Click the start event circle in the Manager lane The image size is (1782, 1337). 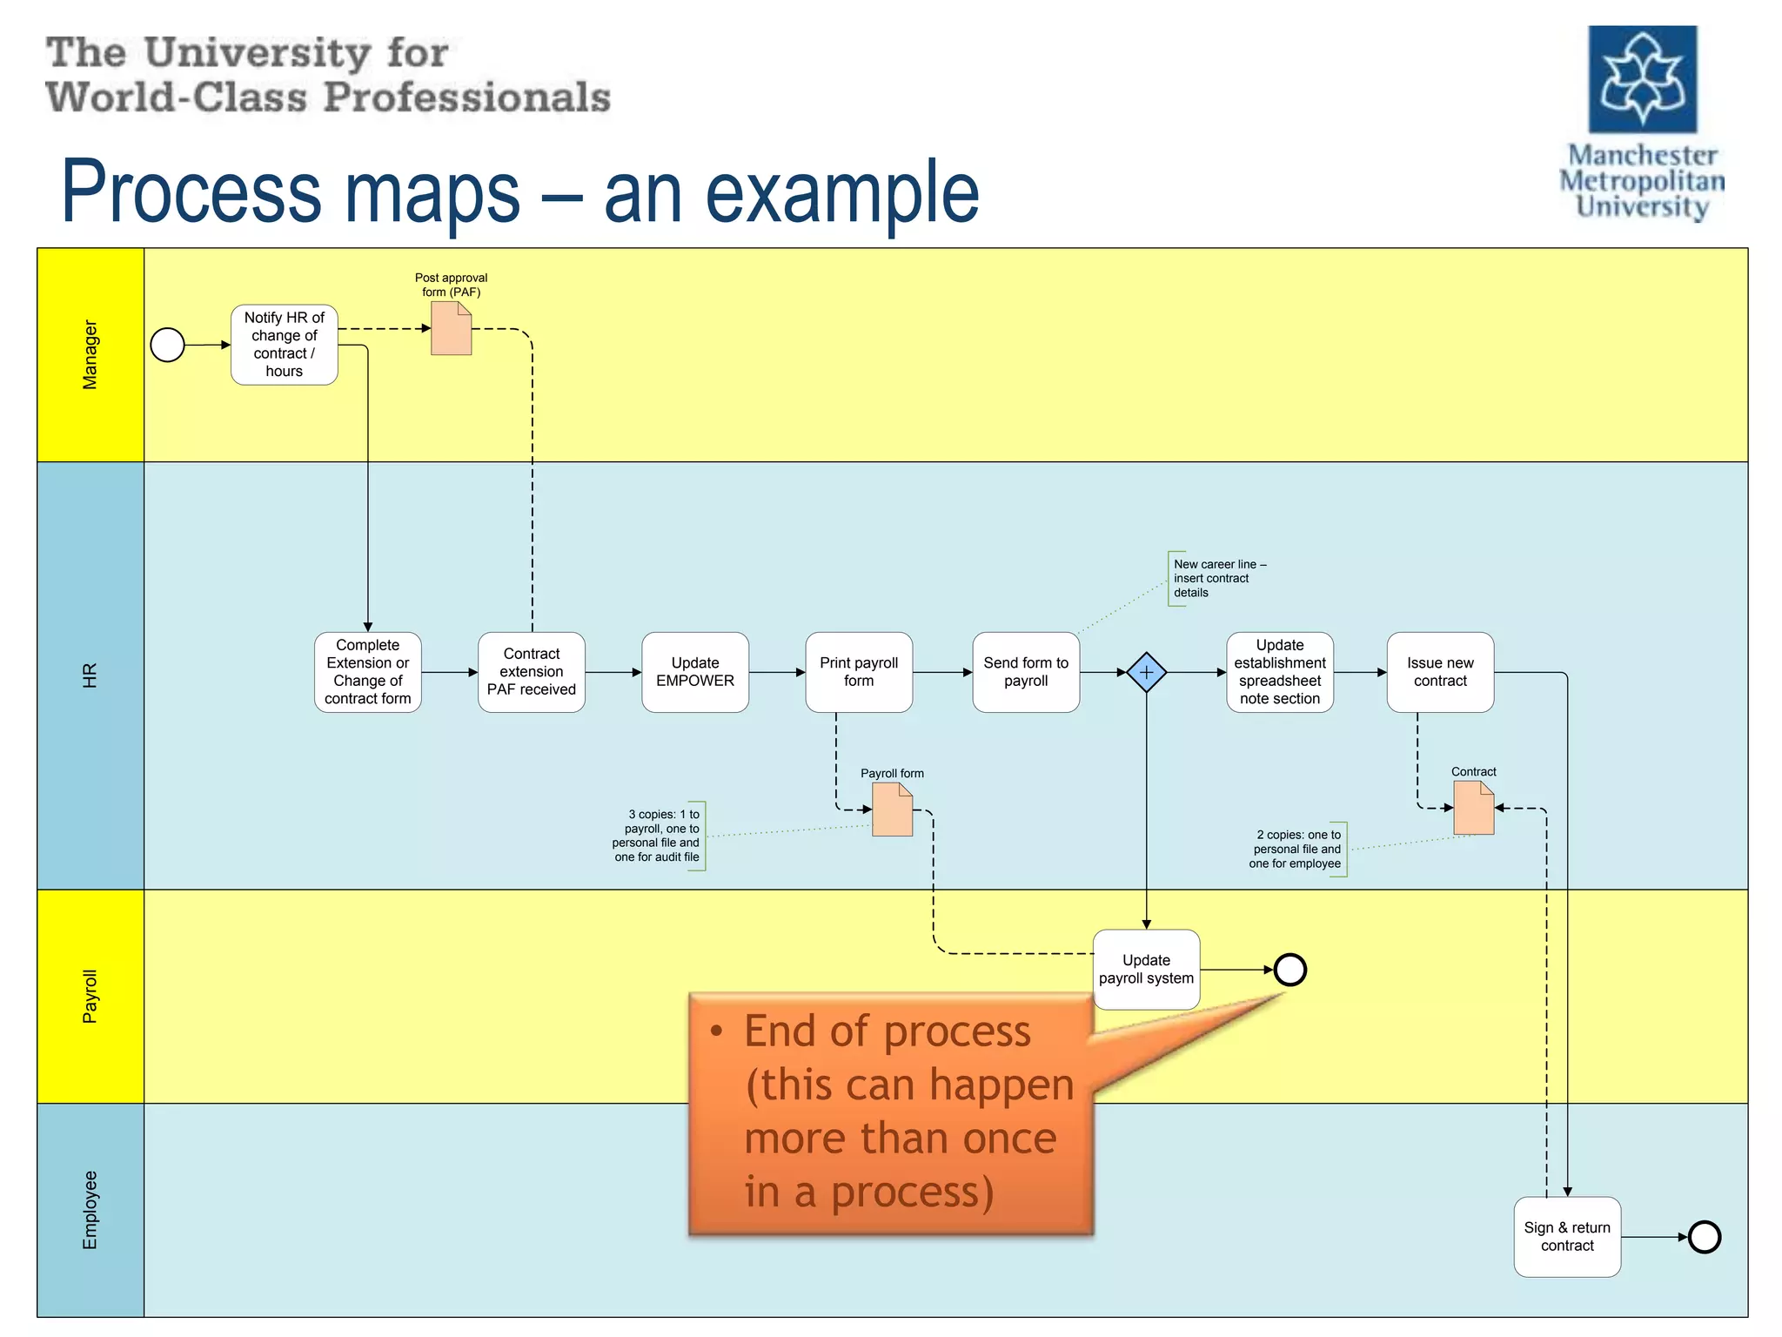pos(167,345)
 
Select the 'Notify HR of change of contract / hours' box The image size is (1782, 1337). pos(284,345)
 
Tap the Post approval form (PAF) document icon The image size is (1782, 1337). pos(451,329)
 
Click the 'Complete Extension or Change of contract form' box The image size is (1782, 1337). pos(367,672)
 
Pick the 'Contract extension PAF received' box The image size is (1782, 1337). pos(531,672)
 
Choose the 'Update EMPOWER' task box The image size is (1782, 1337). pos(694,672)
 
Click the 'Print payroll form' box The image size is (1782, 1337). pos(858,672)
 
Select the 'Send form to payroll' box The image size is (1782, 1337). pos(1025,672)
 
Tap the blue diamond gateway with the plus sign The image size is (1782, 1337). pos(1146,673)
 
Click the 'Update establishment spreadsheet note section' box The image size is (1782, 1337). pos(1279,672)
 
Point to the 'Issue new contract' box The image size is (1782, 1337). pos(1439,672)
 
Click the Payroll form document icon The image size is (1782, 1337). pos(892,810)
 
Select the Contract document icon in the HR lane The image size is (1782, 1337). pos(1473,808)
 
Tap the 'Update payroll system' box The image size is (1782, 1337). pos(1145,969)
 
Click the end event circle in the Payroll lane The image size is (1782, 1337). pos(1290,970)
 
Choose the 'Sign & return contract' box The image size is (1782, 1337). pos(1566,1236)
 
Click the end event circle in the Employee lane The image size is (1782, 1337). pos(1704,1237)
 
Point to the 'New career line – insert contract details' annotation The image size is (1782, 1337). pos(1218,578)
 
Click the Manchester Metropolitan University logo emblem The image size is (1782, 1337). pos(1642,79)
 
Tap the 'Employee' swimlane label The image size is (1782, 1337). pos(90,1210)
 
